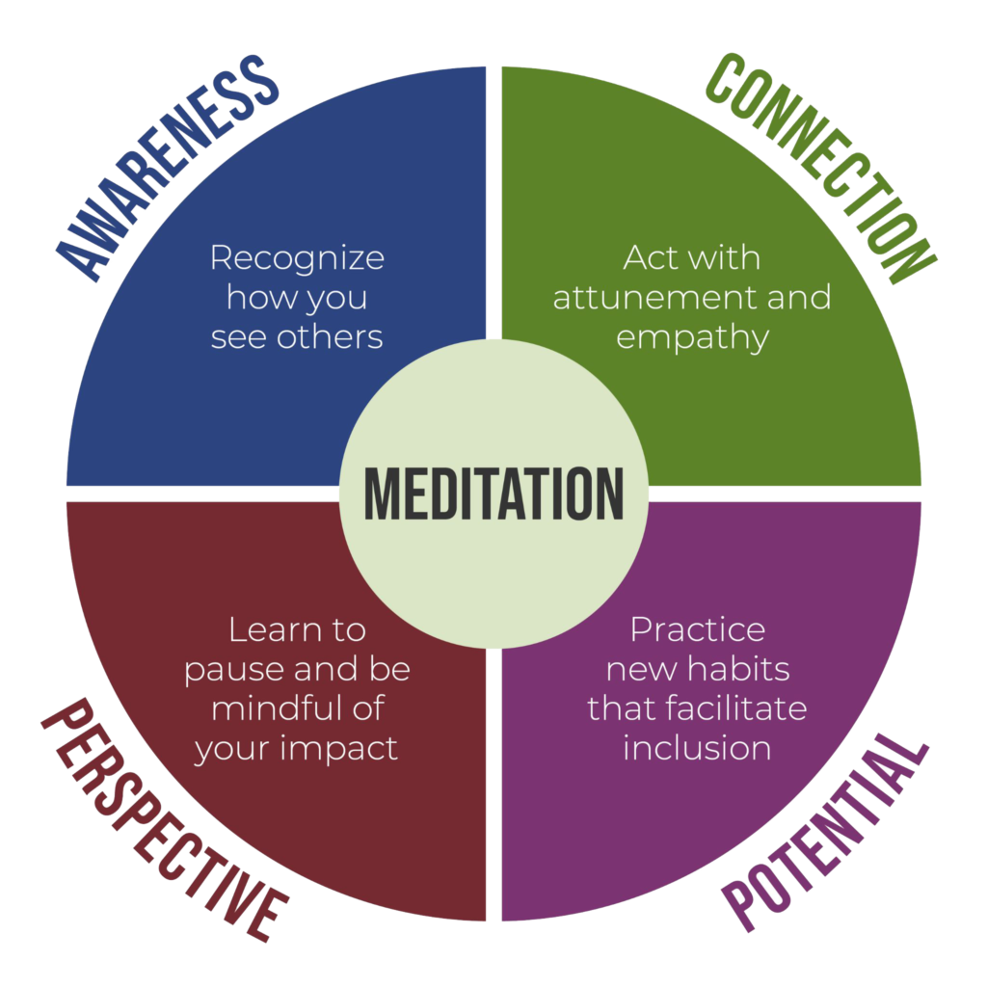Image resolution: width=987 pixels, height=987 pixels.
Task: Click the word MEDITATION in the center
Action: (493, 493)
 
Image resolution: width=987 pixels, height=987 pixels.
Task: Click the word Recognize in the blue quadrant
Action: (297, 258)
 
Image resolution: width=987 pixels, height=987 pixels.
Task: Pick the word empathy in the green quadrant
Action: (692, 337)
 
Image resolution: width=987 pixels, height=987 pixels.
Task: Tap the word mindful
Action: (271, 708)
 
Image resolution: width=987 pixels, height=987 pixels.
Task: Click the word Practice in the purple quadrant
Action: (698, 629)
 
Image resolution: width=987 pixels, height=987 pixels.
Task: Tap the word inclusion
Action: (697, 748)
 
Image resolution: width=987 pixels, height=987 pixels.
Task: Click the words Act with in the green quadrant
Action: (691, 257)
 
